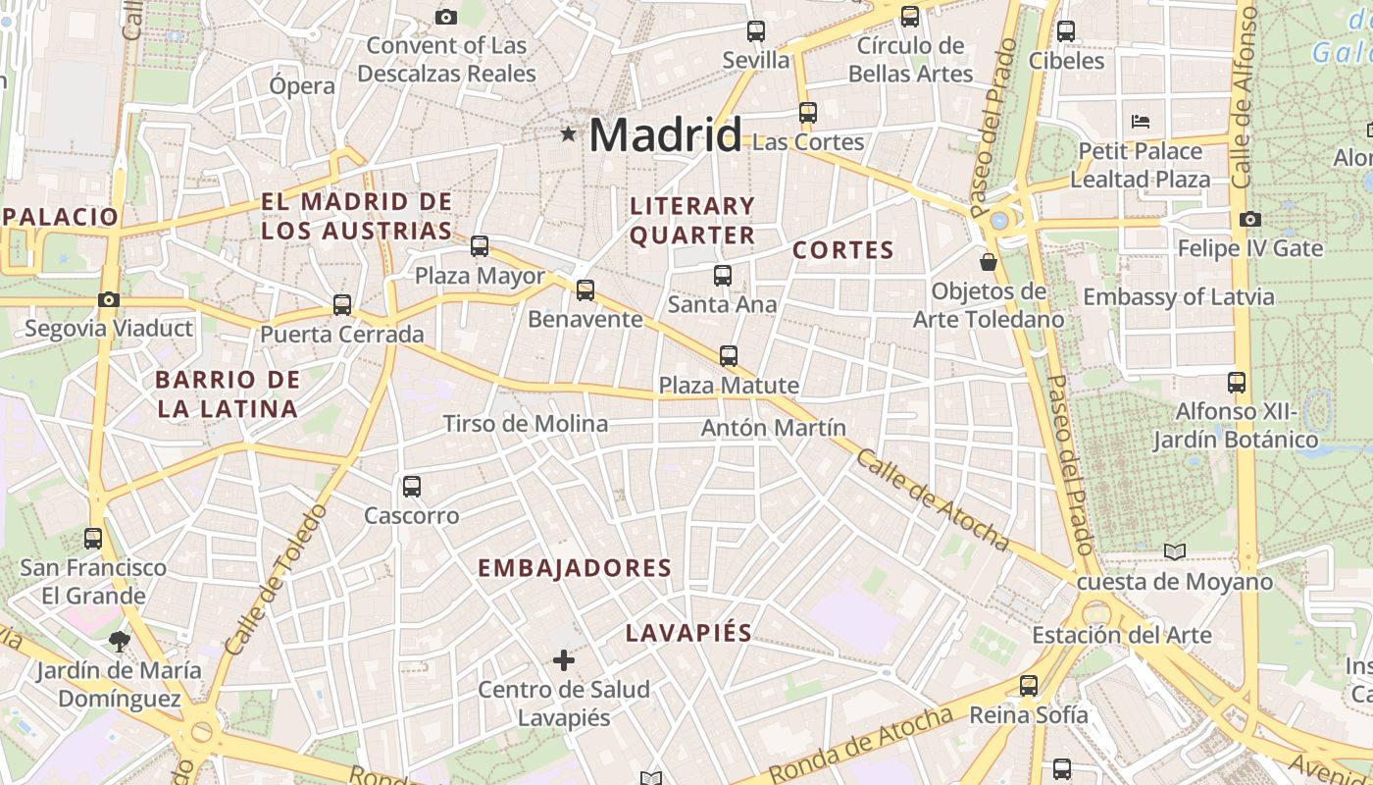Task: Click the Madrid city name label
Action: tap(665, 134)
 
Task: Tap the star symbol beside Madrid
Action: tap(568, 133)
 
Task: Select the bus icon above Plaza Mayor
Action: tap(480, 246)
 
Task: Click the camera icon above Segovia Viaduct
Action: tap(109, 299)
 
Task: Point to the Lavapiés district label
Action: tap(688, 633)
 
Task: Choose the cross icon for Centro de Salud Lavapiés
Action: tap(564, 660)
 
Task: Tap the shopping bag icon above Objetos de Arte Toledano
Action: tap(989, 262)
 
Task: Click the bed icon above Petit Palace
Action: tap(1140, 122)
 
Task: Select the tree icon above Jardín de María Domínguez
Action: tap(120, 642)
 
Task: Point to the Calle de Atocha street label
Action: tap(932, 500)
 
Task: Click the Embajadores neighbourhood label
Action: tap(575, 568)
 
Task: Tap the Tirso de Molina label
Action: tap(526, 424)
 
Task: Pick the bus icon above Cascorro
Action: tap(412, 486)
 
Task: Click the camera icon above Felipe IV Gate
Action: tap(1249, 219)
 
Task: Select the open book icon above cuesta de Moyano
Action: tap(1175, 552)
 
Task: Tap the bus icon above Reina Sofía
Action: tap(1029, 686)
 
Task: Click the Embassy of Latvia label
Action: tap(1179, 296)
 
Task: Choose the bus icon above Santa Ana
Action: tap(723, 276)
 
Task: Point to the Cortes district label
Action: tap(843, 250)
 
